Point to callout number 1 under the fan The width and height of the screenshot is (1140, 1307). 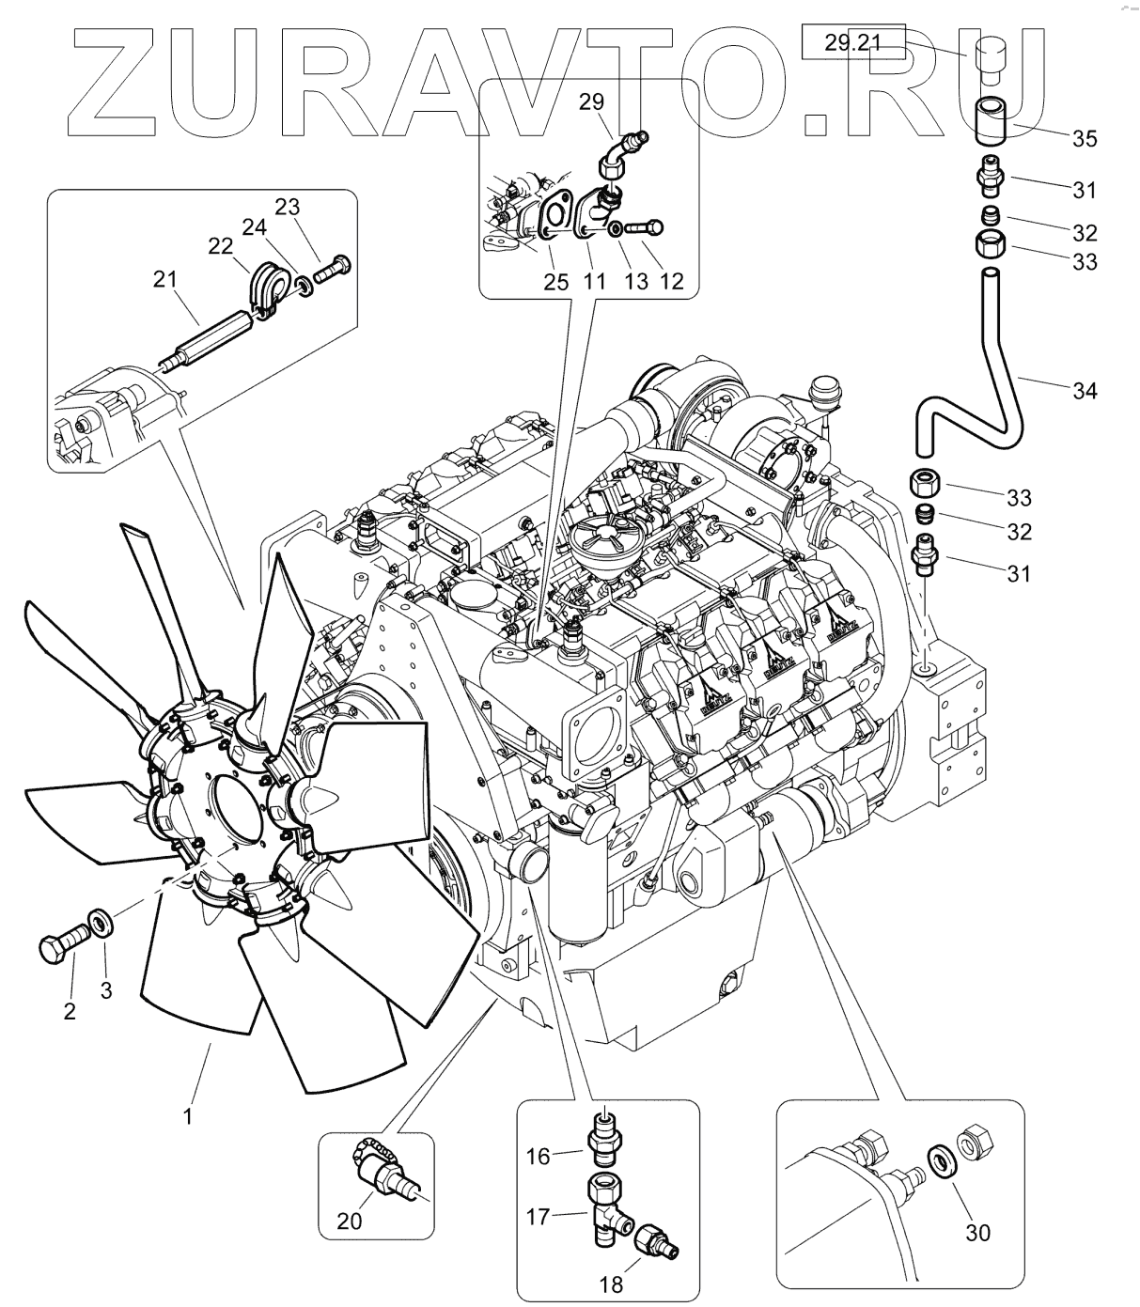[x=188, y=1116]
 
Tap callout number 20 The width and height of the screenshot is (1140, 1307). [x=348, y=1221]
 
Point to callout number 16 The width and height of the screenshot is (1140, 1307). [x=538, y=1156]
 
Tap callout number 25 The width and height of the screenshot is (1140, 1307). [x=556, y=281]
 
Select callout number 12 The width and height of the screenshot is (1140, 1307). [x=671, y=281]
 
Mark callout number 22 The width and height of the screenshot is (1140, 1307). [x=220, y=246]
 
